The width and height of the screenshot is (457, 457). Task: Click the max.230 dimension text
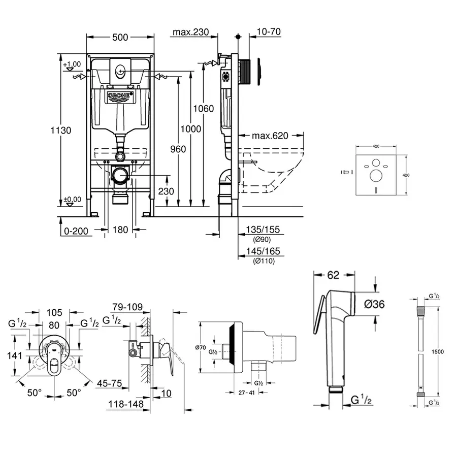click(191, 32)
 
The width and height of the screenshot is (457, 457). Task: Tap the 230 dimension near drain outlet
click(166, 191)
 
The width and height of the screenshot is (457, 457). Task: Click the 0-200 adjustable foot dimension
click(77, 231)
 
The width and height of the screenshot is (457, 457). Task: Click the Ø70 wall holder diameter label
click(203, 347)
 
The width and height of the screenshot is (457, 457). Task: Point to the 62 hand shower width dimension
click(333, 276)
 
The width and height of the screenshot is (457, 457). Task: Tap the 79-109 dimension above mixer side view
click(127, 308)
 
